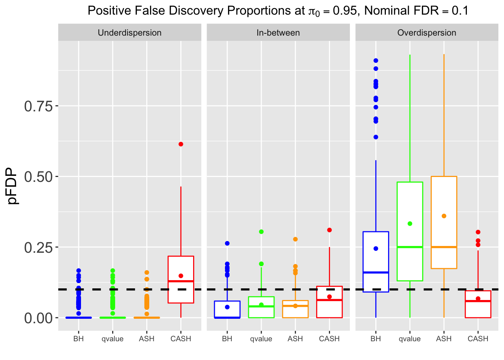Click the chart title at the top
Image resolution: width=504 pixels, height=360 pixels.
pyautogui.click(x=278, y=10)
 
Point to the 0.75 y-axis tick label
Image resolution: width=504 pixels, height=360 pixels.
pyautogui.click(x=38, y=106)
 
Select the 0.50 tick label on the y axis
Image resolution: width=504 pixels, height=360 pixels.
pyautogui.click(x=38, y=177)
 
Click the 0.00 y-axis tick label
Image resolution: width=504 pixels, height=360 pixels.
pyautogui.click(x=38, y=318)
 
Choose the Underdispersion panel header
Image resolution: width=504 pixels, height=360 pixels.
pyautogui.click(x=129, y=33)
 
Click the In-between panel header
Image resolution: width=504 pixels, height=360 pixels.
pyautogui.click(x=278, y=33)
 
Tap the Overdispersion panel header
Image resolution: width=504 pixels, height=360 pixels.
pyautogui.click(x=426, y=33)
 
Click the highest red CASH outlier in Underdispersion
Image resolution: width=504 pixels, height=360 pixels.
pyautogui.click(x=181, y=144)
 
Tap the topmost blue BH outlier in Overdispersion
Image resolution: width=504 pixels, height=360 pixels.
pyautogui.click(x=376, y=60)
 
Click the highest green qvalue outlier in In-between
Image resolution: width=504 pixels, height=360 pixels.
pyautogui.click(x=261, y=232)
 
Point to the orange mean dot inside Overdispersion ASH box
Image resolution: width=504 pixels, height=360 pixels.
pyautogui.click(x=444, y=216)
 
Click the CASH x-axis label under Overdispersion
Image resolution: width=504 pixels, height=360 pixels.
pyautogui.click(x=478, y=339)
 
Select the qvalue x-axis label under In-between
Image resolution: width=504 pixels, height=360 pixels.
pyautogui.click(x=261, y=339)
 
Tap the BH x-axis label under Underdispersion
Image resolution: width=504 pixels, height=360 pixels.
pyautogui.click(x=78, y=339)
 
